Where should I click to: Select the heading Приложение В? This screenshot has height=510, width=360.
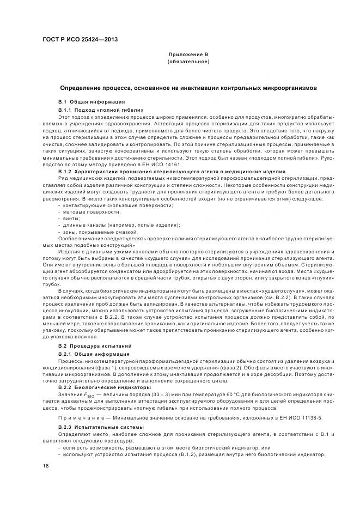tap(188, 56)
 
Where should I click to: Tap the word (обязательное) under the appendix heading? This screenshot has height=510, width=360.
tap(188, 63)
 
